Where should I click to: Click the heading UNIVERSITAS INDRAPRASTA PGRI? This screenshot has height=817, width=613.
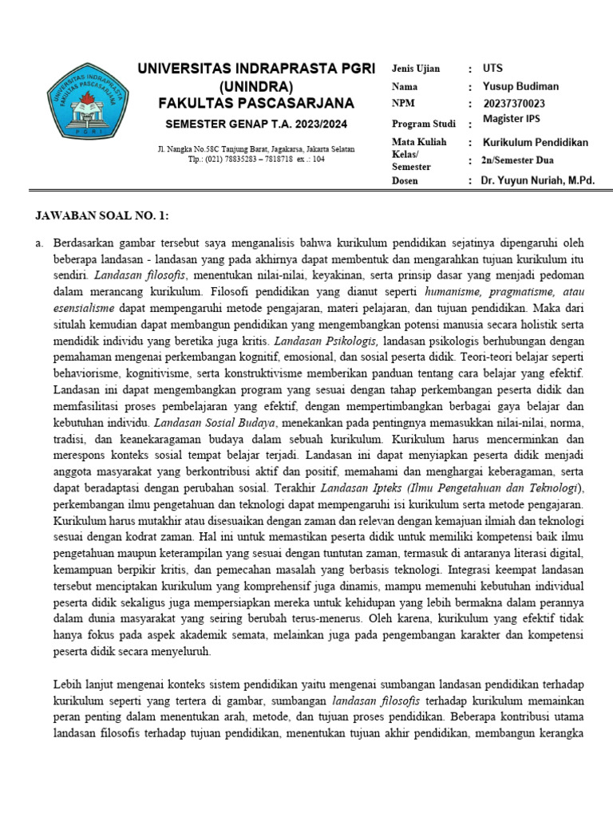click(256, 69)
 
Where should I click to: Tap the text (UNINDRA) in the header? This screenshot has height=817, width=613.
click(256, 86)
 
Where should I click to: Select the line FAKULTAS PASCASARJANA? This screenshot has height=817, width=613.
click(256, 104)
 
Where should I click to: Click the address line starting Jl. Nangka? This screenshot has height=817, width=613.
click(256, 149)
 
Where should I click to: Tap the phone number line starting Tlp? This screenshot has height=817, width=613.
click(256, 159)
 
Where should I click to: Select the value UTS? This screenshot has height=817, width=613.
click(492, 69)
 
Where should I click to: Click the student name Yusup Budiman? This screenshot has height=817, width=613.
click(520, 86)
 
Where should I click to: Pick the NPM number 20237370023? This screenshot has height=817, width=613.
click(514, 103)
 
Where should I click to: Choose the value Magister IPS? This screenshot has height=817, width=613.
click(516, 120)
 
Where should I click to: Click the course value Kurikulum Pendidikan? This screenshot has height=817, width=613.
click(535, 142)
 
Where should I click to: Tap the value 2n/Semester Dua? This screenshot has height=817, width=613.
click(521, 160)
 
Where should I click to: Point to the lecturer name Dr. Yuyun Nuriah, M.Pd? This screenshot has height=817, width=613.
click(538, 181)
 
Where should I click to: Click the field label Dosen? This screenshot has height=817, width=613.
click(405, 181)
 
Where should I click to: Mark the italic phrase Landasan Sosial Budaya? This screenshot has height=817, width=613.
click(215, 422)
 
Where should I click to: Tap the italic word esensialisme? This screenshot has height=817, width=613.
click(84, 307)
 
